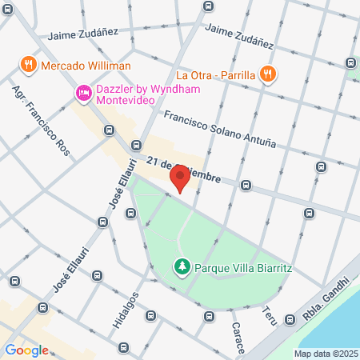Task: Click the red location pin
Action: click(182, 178)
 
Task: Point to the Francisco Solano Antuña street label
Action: click(219, 130)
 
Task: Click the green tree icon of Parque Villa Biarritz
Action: click(182, 266)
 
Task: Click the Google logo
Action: click(26, 350)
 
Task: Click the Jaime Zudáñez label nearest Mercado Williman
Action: click(82, 34)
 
